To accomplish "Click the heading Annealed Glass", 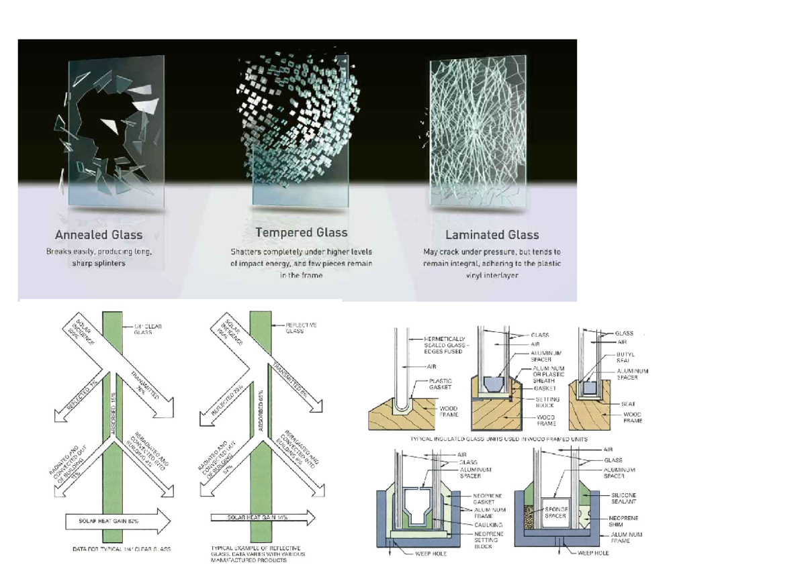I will (99, 235).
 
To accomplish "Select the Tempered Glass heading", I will (302, 233).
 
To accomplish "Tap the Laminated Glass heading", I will (492, 235).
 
